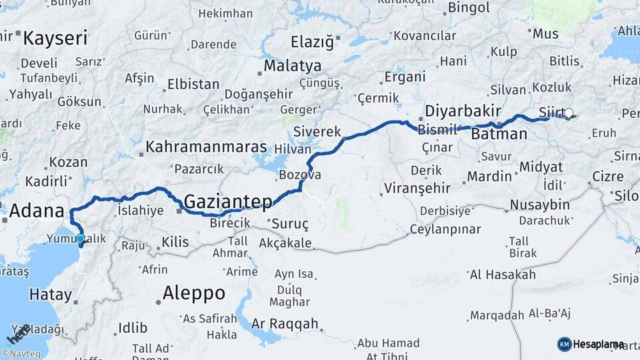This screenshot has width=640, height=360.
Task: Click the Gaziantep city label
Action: point(228,201)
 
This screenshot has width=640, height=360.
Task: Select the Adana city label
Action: point(37,213)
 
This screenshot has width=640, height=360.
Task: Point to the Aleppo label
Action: point(194,293)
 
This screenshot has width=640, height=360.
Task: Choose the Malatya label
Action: point(292,66)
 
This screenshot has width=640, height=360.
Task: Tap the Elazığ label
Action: point(312,43)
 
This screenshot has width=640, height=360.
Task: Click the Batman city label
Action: point(499,134)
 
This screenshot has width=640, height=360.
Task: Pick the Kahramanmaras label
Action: point(206,147)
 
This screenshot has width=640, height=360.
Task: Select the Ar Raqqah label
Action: point(286,324)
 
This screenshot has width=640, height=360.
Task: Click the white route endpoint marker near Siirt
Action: point(569,113)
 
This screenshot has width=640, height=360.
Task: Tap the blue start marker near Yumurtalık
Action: point(80,239)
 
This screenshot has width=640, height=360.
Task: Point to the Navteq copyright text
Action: point(21,354)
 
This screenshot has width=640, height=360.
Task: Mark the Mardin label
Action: point(489,177)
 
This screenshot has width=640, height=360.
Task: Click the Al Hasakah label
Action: point(503,274)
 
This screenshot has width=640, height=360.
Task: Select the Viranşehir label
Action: point(418,188)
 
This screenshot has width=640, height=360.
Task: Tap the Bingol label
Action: point(469,8)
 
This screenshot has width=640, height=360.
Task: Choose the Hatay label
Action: point(50,294)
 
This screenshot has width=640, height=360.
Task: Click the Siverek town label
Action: point(317,131)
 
